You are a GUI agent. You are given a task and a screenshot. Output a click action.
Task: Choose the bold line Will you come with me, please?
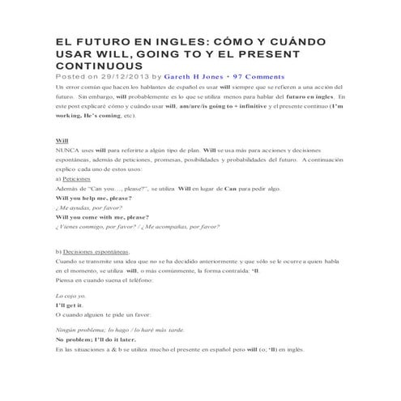coord(102,217)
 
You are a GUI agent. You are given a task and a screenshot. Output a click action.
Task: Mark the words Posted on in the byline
coord(76,77)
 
